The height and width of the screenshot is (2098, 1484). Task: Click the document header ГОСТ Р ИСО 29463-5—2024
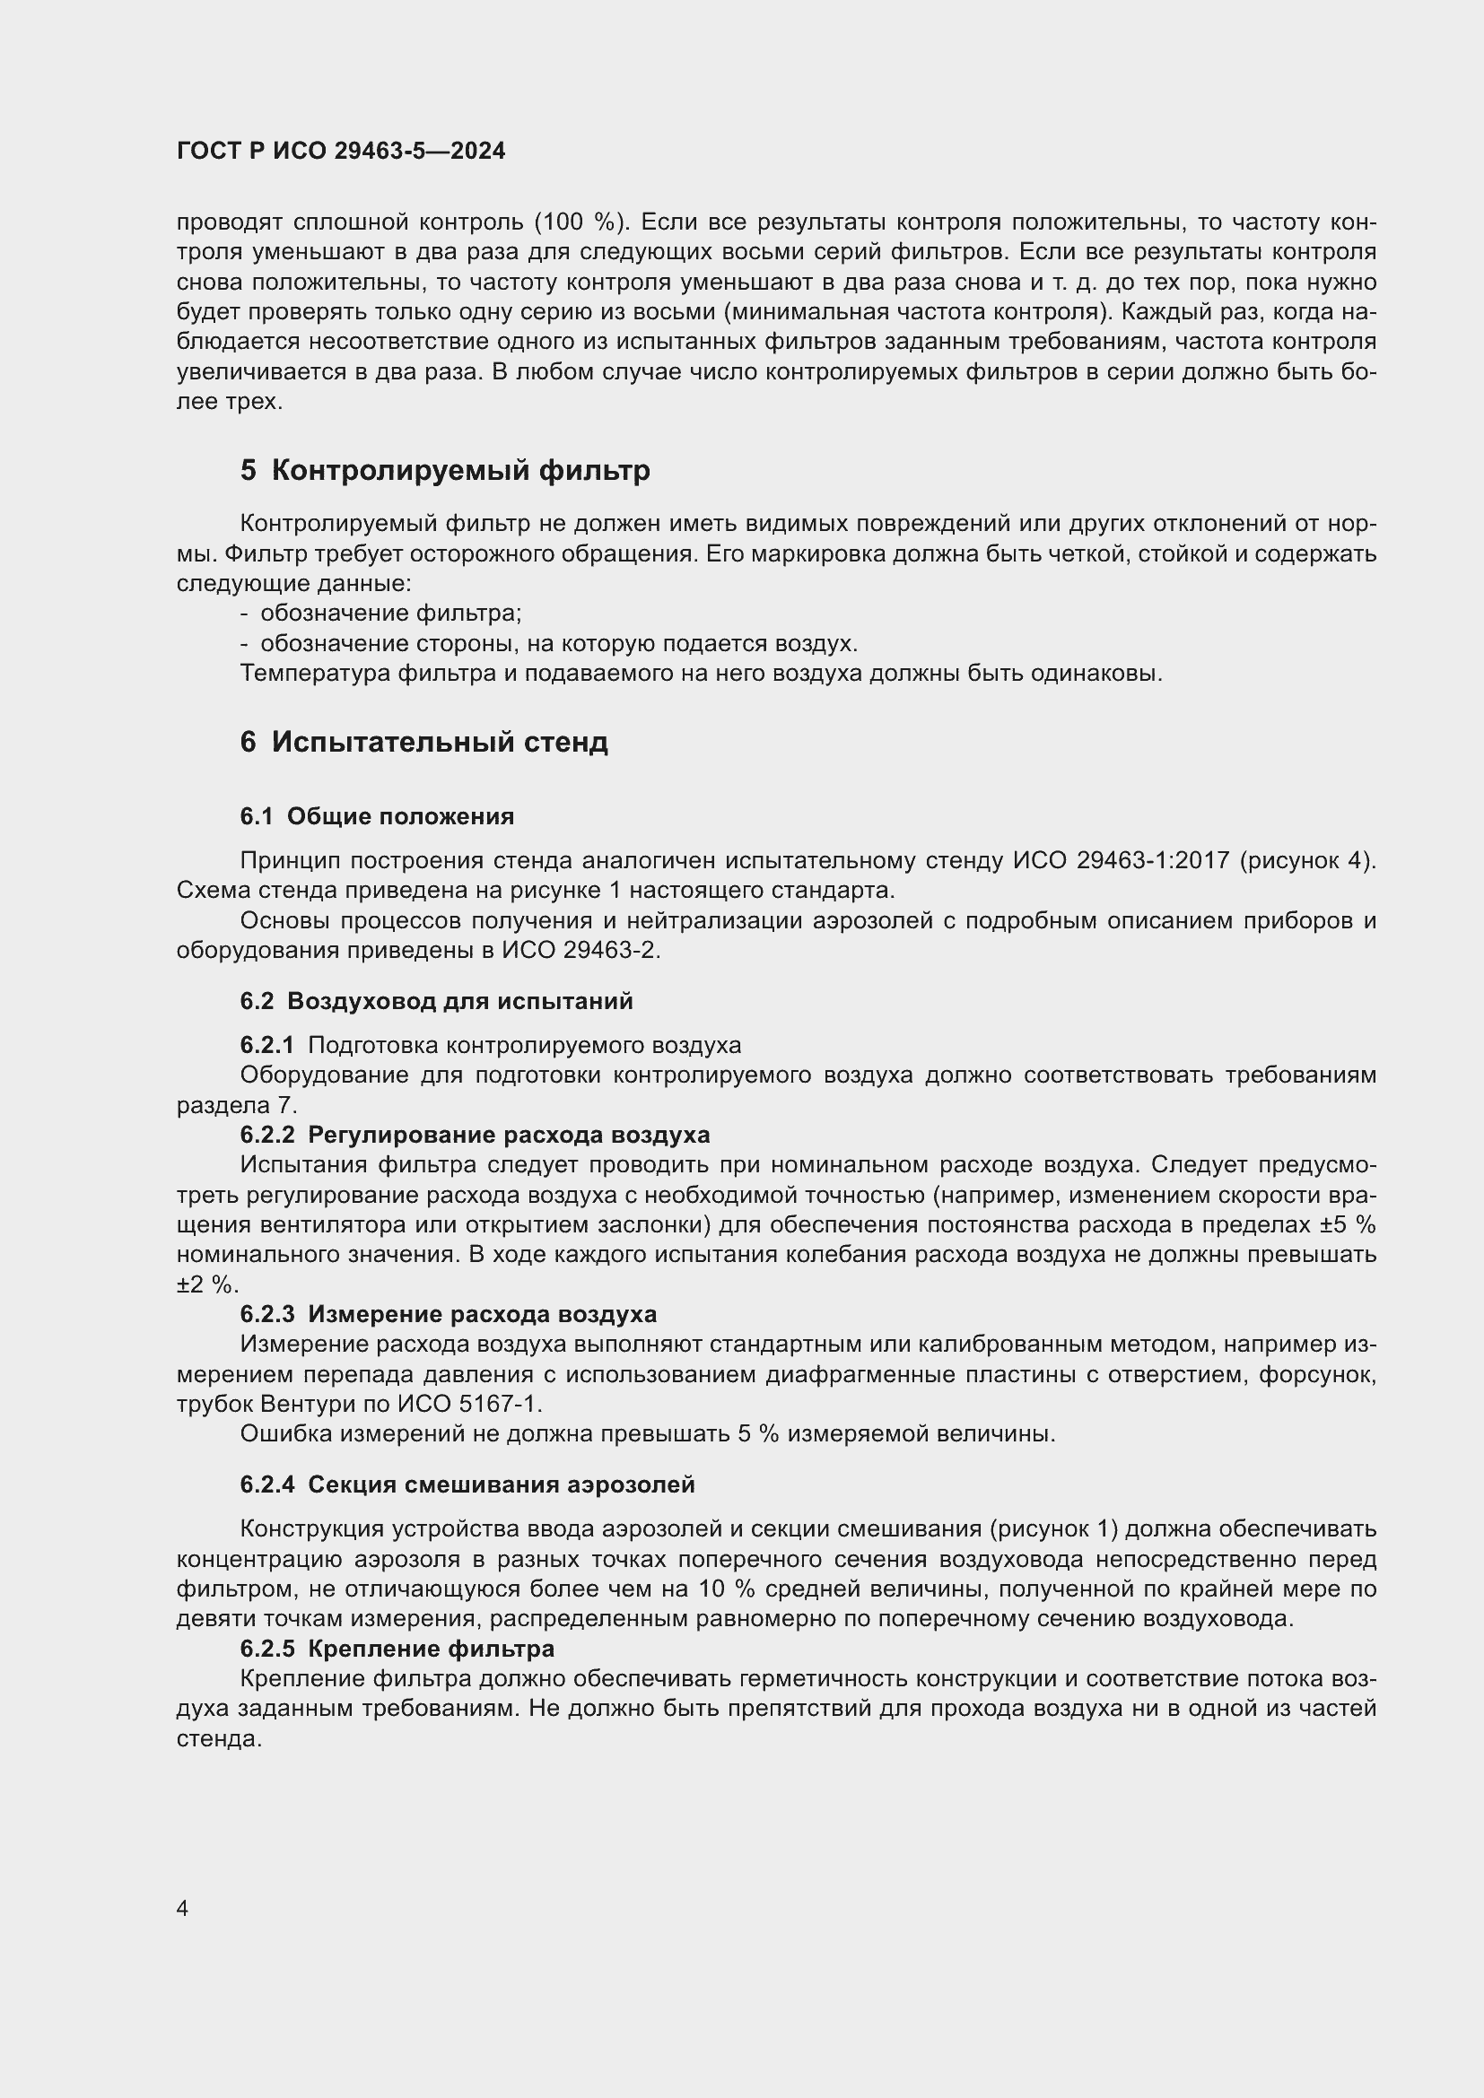click(x=341, y=151)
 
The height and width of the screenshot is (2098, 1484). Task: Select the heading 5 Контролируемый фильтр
click(x=445, y=471)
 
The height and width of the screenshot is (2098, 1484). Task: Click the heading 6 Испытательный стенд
click(x=424, y=742)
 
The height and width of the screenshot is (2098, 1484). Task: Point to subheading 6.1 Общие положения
click(x=377, y=816)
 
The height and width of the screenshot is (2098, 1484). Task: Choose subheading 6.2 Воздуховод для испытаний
click(x=436, y=1001)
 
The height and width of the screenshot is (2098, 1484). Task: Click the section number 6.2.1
click(x=266, y=1044)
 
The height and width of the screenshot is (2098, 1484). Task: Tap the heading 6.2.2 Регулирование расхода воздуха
click(x=475, y=1134)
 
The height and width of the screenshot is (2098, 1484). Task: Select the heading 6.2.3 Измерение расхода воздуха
click(x=448, y=1314)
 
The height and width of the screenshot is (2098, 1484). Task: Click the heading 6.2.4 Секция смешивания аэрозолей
click(x=467, y=1484)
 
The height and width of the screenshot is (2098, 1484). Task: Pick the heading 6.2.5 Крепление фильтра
click(x=397, y=1649)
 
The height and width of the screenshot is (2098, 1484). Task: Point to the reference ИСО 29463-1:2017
click(x=1121, y=861)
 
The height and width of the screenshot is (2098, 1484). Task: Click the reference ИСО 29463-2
click(x=581, y=950)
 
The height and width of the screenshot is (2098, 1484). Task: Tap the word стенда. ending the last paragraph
click(x=219, y=1739)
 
